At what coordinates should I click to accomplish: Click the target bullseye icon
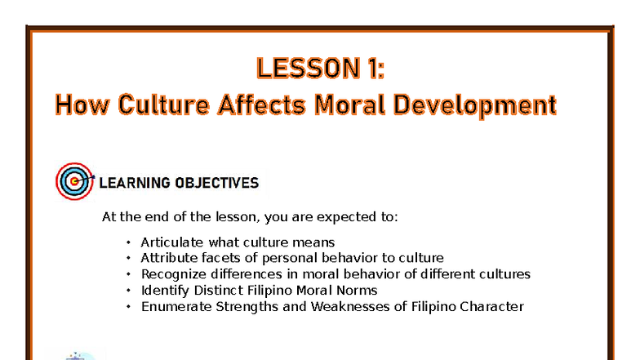pos(74,180)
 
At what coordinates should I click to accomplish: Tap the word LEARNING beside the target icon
pos(134,183)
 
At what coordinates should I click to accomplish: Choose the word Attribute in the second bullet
pos(169,258)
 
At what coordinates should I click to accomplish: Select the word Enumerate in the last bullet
pos(174,307)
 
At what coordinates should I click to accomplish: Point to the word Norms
pos(358,291)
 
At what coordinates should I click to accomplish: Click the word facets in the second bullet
pos(220,258)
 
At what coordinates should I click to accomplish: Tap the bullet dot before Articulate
pos(128,242)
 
